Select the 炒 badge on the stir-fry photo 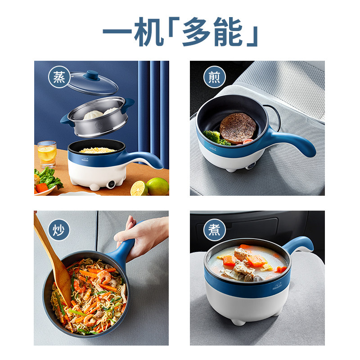59,228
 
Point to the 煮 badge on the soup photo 215,229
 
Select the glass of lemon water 47,154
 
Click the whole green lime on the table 157,186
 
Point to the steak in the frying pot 238,128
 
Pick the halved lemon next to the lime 139,188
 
